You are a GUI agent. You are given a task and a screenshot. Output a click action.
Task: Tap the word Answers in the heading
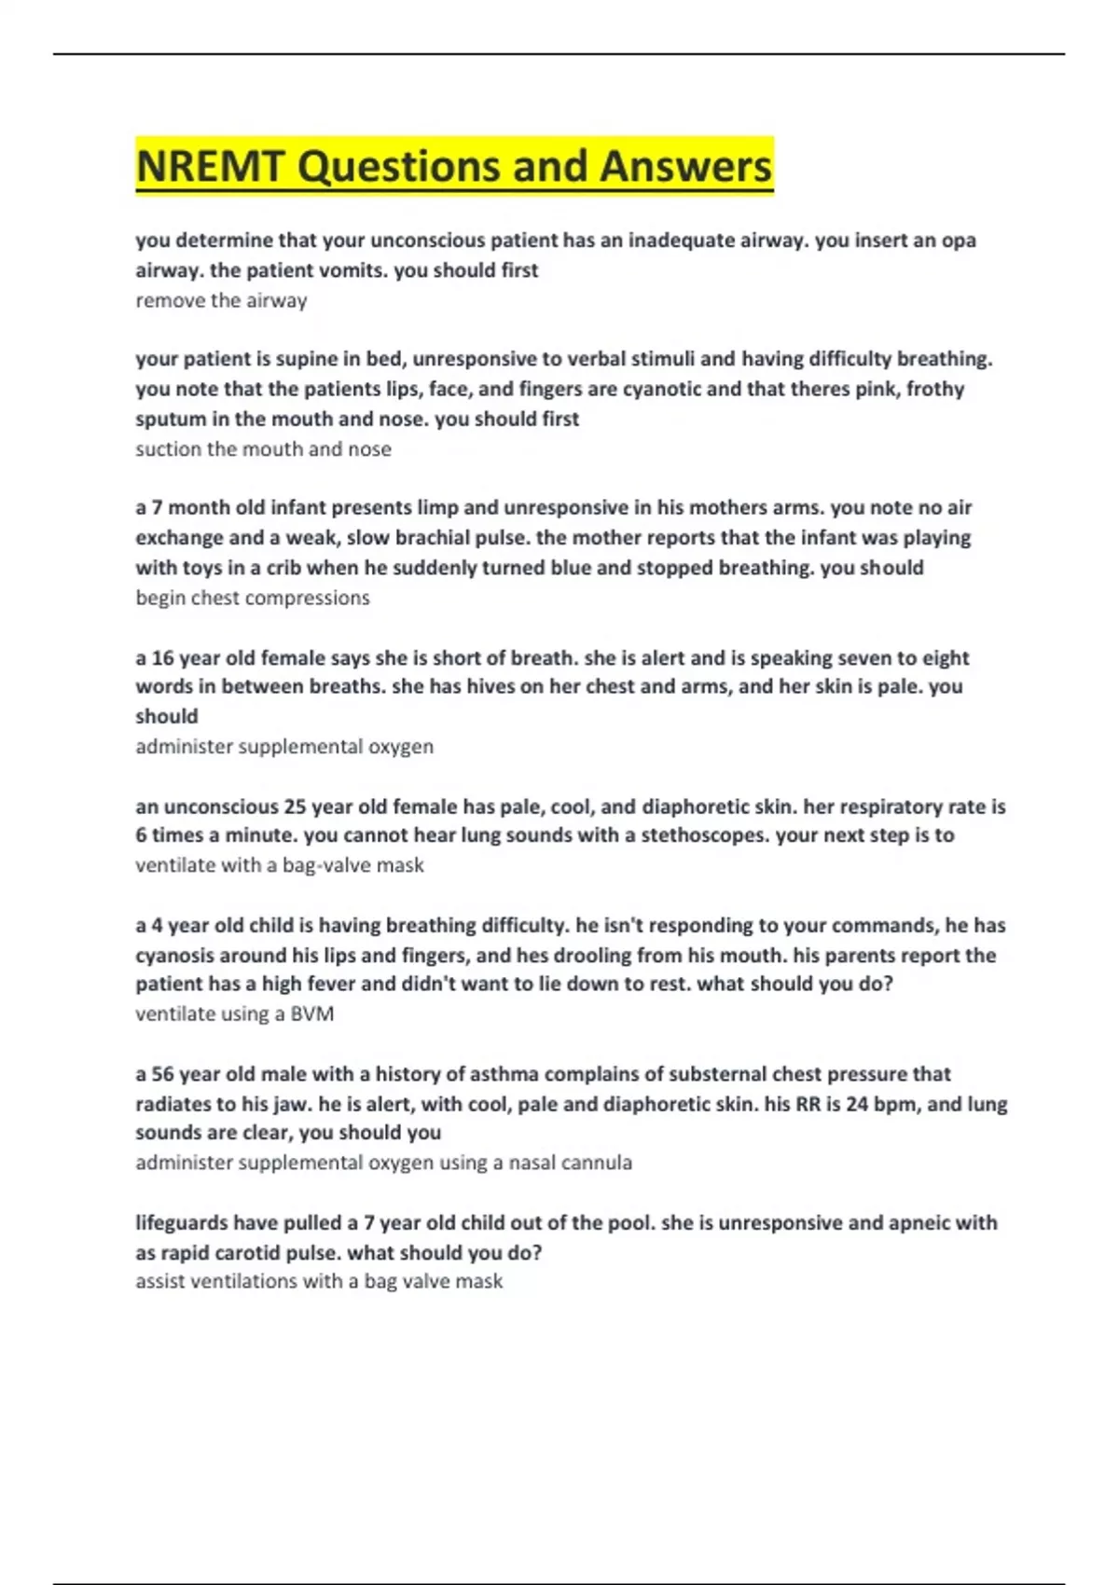coord(685,167)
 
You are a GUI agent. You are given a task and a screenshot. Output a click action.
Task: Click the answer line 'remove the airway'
coord(221,301)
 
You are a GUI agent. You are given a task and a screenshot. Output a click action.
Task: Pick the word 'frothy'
coord(935,389)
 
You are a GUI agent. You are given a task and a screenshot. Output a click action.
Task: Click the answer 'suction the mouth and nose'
coord(263,449)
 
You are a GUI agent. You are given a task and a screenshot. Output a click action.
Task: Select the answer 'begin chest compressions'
coord(253,599)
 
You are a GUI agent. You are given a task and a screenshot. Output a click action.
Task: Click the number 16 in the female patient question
coord(162,658)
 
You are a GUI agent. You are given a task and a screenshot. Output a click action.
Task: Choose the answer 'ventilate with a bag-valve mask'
coord(280,865)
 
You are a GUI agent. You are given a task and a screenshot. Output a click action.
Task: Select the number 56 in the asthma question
coord(162,1074)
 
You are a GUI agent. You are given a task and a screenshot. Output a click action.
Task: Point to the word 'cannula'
coord(601,1163)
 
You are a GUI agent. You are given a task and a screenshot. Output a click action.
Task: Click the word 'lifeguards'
coord(181,1223)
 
